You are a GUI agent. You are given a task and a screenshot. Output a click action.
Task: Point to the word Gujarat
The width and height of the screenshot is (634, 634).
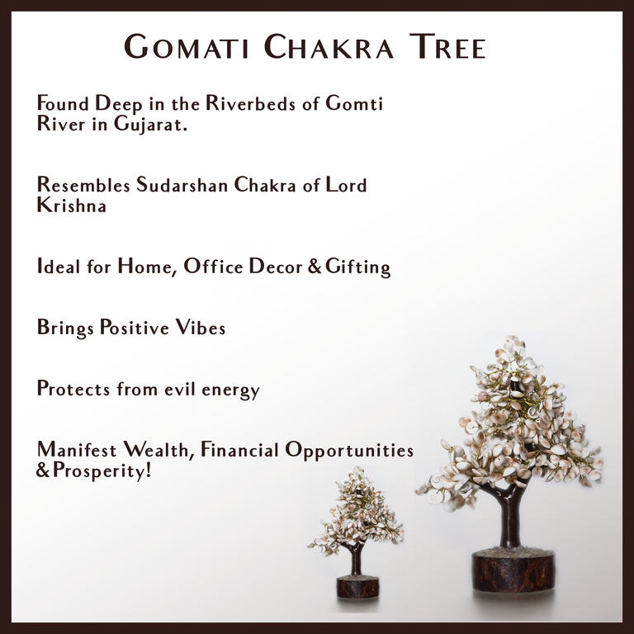[150, 126]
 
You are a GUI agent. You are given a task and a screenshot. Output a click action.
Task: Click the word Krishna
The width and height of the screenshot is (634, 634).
[72, 206]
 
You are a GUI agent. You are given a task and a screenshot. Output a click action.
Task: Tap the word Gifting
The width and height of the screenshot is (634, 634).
[357, 267]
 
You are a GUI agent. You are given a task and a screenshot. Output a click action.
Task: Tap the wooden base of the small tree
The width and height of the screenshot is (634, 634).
[357, 587]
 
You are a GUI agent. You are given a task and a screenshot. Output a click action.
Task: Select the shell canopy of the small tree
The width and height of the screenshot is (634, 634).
[357, 512]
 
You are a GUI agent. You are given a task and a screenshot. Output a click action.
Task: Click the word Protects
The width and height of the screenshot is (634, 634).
[73, 389]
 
